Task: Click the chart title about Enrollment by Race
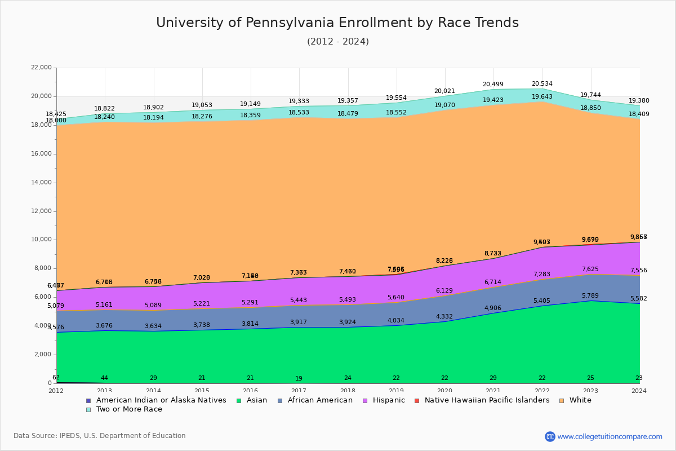click(x=337, y=23)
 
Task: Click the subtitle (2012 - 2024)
click(x=337, y=42)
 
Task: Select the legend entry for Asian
click(x=251, y=400)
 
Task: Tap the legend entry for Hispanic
click(x=384, y=400)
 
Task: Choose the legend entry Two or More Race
click(x=128, y=409)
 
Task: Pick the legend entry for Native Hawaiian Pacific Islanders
click(x=487, y=400)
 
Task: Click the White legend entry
click(x=580, y=400)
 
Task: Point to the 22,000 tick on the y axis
click(x=41, y=68)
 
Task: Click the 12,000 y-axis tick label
click(x=41, y=211)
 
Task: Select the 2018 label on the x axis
click(x=348, y=391)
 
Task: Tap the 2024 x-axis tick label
click(x=639, y=391)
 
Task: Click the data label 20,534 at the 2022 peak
click(x=542, y=84)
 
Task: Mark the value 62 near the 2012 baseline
click(x=56, y=378)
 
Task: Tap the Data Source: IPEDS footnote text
click(x=100, y=436)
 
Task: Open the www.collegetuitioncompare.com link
click(x=610, y=436)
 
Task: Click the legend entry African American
click(x=319, y=400)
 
